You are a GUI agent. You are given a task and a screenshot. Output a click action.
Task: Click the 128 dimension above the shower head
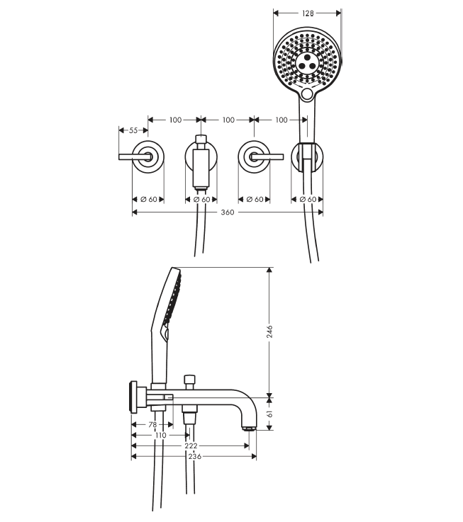308,13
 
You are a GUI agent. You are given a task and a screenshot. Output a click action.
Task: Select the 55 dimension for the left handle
133,130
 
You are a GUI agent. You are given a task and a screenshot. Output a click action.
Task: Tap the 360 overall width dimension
228,212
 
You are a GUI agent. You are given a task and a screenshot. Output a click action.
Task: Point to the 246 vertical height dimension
269,331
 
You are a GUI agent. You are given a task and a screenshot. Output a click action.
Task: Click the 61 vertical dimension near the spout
269,414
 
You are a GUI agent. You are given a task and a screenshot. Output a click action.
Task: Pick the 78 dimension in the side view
152,425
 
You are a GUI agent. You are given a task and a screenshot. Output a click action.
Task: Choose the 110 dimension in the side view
161,435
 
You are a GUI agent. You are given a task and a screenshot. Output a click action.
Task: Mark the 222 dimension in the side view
191,446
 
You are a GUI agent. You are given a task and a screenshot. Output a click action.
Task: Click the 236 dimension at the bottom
195,456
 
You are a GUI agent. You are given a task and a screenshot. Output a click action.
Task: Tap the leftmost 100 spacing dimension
175,120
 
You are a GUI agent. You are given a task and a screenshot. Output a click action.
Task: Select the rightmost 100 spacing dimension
281,120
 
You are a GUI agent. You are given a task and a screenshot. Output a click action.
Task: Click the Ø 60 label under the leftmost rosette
149,200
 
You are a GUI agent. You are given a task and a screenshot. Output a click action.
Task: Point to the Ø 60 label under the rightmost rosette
308,200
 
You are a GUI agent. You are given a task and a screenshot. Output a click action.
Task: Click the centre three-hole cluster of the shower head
307,62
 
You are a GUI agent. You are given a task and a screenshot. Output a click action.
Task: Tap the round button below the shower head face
307,94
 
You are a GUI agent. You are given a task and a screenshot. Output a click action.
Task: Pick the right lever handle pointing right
267,157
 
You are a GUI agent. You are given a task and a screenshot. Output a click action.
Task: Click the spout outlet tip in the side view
249,429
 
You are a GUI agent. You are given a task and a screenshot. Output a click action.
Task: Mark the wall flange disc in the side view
134,397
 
